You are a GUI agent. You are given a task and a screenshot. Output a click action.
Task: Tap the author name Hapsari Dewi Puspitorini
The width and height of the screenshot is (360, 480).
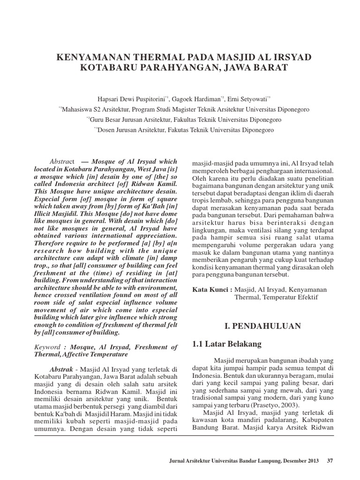pos(122,98)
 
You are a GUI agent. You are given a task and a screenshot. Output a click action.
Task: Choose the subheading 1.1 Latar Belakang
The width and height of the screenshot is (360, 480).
pos(227,344)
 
